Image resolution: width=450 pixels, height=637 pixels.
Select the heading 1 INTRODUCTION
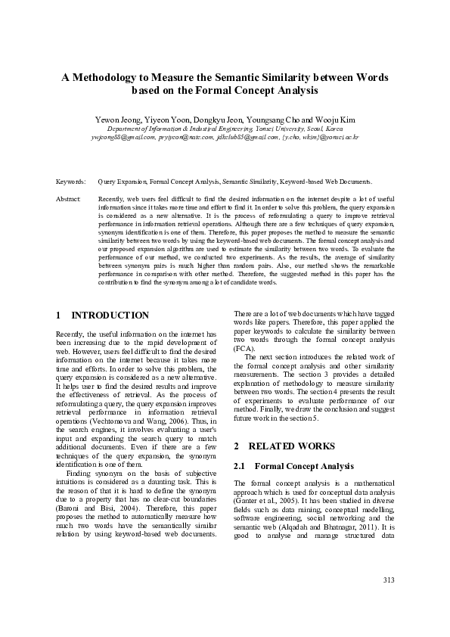103,315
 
